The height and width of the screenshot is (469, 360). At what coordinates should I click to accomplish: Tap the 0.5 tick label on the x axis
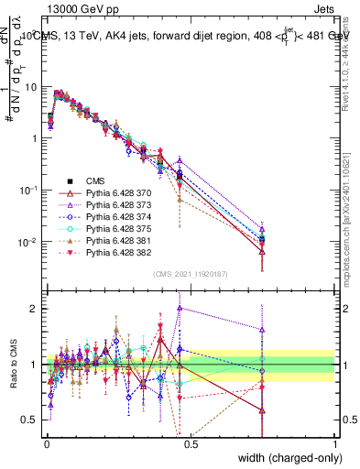[x=190, y=443]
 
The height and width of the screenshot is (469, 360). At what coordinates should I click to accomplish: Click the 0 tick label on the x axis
[x=46, y=443]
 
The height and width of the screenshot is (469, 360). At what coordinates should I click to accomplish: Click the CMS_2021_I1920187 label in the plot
[x=190, y=274]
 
